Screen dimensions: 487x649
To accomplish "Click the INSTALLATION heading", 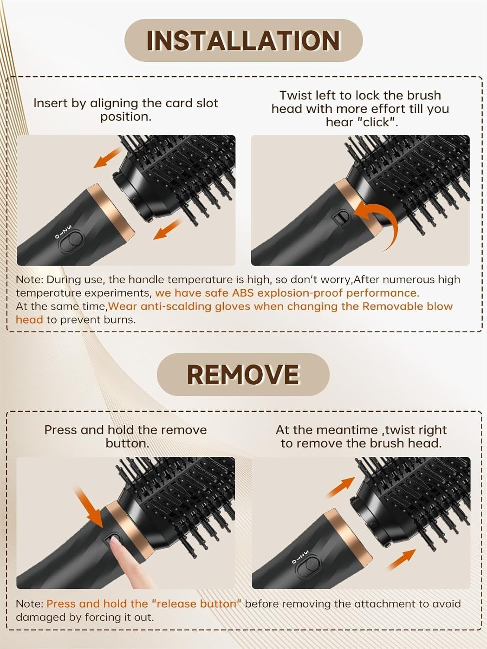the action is coord(243,41).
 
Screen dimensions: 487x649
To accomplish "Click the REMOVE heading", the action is coord(243,374).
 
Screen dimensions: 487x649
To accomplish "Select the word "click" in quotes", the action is coord(377,122).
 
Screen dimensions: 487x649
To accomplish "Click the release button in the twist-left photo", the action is coord(342,218).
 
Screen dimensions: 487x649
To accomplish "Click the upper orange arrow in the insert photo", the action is coord(107,158).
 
